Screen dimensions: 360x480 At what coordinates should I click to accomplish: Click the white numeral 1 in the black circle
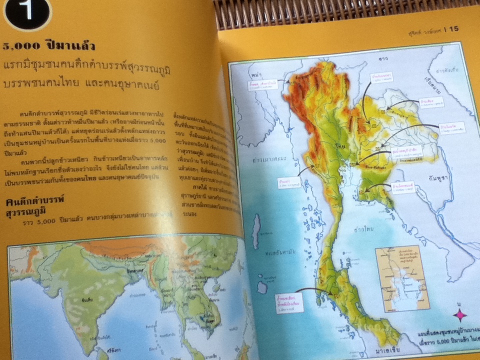point(27,12)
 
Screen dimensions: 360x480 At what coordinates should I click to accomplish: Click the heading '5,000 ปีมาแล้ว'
point(49,46)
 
